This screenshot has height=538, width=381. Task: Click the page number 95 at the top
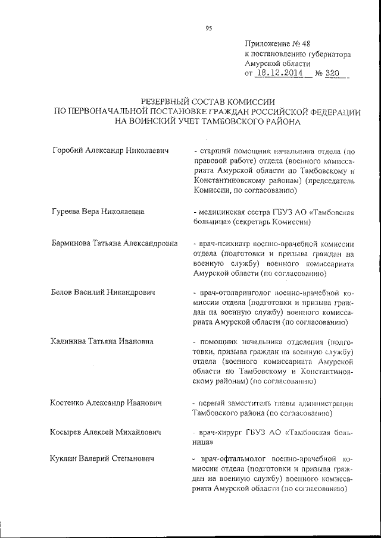point(209,28)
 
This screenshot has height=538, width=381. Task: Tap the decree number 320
point(332,74)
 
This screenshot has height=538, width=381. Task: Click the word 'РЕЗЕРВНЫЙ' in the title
point(170,102)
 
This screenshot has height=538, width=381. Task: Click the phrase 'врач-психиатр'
point(226,243)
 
